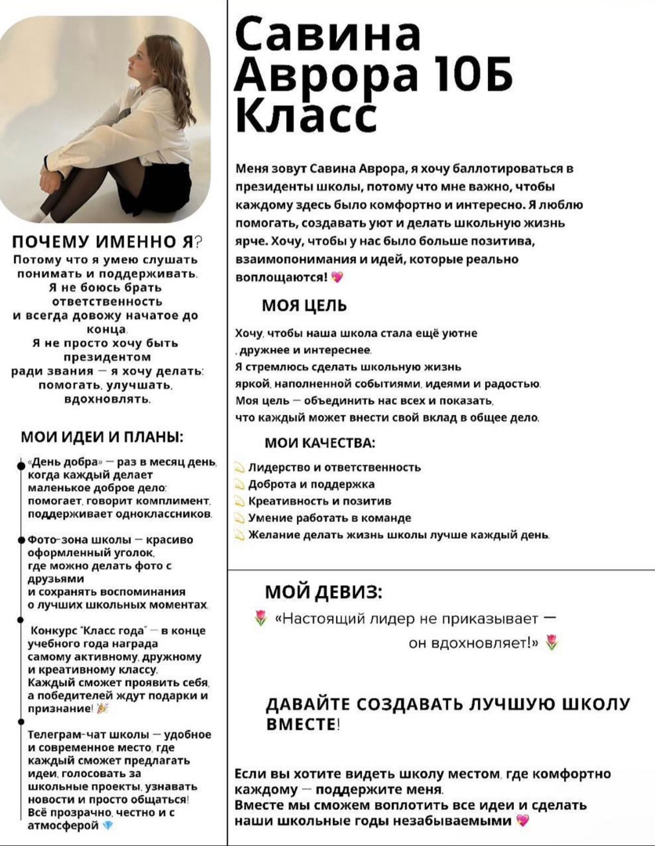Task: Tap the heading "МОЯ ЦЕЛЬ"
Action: click(305, 306)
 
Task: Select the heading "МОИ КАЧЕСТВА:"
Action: click(320, 443)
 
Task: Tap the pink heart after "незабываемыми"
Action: click(522, 821)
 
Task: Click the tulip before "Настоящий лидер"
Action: click(260, 618)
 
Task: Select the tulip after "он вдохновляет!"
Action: click(551, 643)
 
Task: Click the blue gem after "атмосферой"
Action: click(108, 825)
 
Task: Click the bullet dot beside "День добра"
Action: click(21, 466)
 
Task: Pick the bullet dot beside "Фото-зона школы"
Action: click(21, 540)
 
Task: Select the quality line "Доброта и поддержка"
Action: click(311, 484)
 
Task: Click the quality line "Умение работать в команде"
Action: click(329, 518)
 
